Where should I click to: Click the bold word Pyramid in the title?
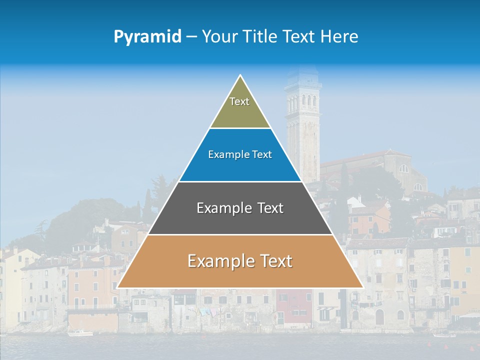coord(147,36)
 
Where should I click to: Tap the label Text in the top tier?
coord(239,101)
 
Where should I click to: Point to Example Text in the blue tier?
coord(240,154)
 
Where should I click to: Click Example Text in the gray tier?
coord(240,208)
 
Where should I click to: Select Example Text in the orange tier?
coord(240,261)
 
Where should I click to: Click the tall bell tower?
coord(302,125)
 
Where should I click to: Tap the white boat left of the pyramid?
coord(80,333)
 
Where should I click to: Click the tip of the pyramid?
coord(240,76)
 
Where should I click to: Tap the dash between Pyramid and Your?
coord(191,37)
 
